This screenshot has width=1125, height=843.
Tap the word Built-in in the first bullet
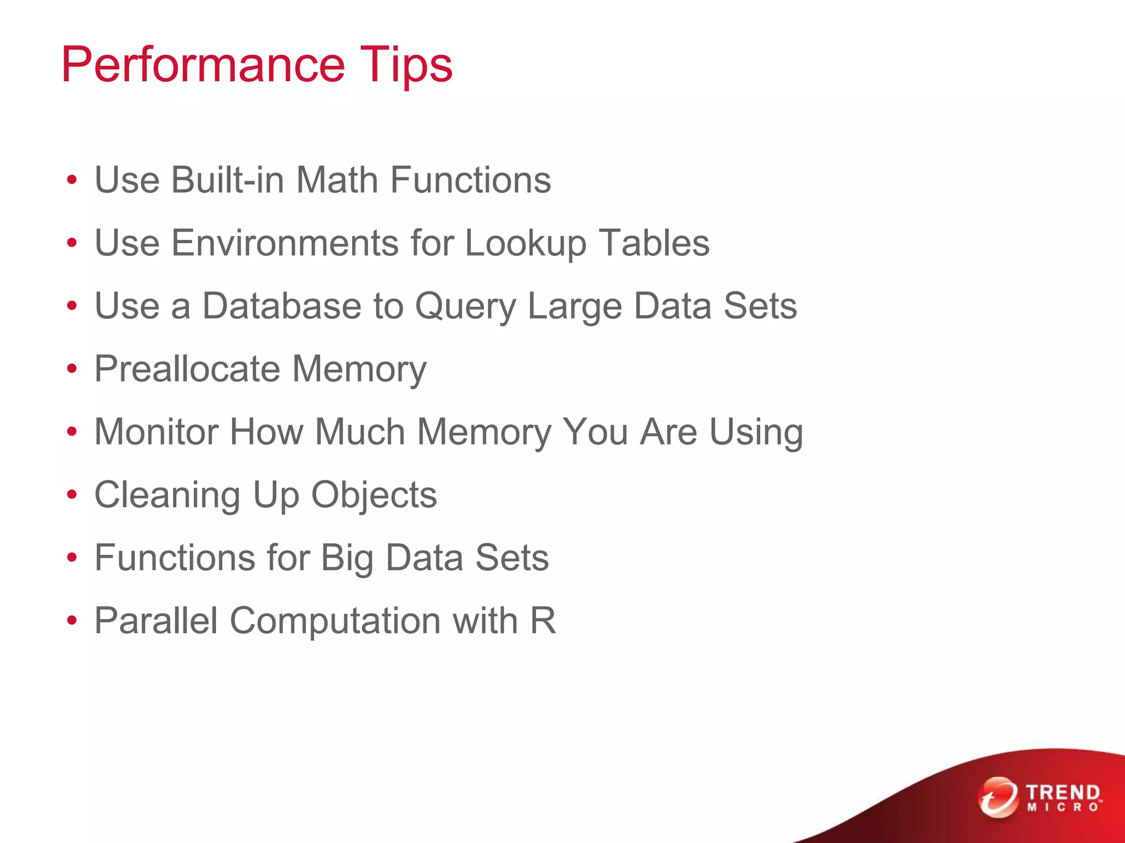point(228,180)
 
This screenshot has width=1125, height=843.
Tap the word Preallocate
point(187,369)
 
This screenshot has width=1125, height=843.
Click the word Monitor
point(157,432)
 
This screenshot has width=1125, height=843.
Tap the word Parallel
point(156,621)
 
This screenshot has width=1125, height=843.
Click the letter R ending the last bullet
point(543,621)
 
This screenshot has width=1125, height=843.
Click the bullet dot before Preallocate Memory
point(72,369)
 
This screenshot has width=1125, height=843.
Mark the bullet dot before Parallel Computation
point(72,621)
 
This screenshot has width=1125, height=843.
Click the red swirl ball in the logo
point(998,797)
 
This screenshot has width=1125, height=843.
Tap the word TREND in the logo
point(1063,793)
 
